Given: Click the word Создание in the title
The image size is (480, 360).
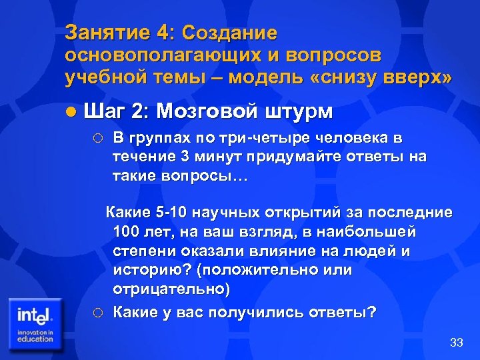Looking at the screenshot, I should pos(229,33).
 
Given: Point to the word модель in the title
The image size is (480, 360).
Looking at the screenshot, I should pos(265,77).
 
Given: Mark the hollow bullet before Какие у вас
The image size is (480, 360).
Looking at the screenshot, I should pos(98,311).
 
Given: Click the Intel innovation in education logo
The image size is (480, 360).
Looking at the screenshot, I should pos(35,323).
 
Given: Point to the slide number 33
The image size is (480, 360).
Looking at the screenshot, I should pos(456,343).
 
